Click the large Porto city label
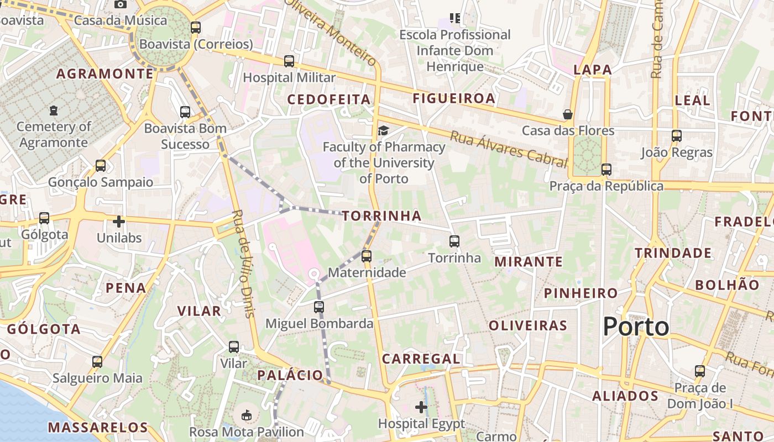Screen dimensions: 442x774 click(x=636, y=327)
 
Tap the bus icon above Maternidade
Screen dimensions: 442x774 click(x=366, y=256)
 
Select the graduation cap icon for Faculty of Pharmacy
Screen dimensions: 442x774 click(x=383, y=131)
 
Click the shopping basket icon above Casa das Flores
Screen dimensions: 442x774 click(x=568, y=114)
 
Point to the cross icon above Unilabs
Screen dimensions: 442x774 click(x=119, y=222)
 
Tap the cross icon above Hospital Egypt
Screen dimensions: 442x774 click(x=421, y=408)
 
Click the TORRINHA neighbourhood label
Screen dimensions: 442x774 click(x=381, y=216)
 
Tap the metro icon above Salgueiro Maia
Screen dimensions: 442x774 click(x=97, y=362)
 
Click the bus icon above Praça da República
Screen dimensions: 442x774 click(x=606, y=170)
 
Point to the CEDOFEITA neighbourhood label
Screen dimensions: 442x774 click(x=329, y=99)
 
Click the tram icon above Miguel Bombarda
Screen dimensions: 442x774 click(x=319, y=307)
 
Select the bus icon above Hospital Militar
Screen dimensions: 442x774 click(x=289, y=61)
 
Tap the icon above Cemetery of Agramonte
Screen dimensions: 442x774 click(x=53, y=110)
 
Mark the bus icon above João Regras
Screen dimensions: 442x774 click(x=677, y=136)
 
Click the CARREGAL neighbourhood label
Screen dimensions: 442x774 click(x=421, y=359)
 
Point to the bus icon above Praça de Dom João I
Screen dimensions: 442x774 click(x=700, y=371)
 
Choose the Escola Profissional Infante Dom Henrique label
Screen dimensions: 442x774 click(x=455, y=51)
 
